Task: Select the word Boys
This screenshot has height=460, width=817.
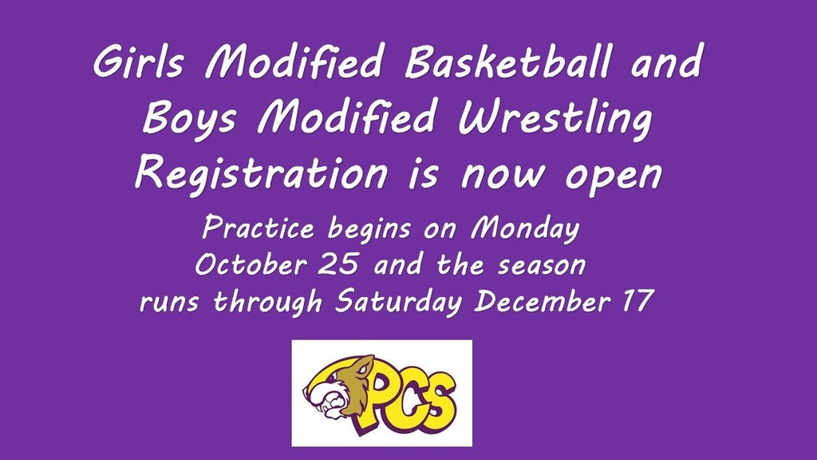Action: [x=189, y=119]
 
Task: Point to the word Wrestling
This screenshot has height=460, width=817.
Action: [x=555, y=119]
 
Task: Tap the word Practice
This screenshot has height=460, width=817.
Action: [x=259, y=228]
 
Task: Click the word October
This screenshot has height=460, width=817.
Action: [x=251, y=264]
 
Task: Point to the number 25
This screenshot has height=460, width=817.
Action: [x=338, y=264]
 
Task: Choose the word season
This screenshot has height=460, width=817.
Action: [x=542, y=266]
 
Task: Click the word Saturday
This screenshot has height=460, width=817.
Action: [x=399, y=301]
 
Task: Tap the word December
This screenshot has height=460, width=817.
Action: [x=543, y=301]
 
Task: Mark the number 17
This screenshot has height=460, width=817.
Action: [x=638, y=300]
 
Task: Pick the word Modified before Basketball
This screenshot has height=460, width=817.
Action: [x=294, y=61]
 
